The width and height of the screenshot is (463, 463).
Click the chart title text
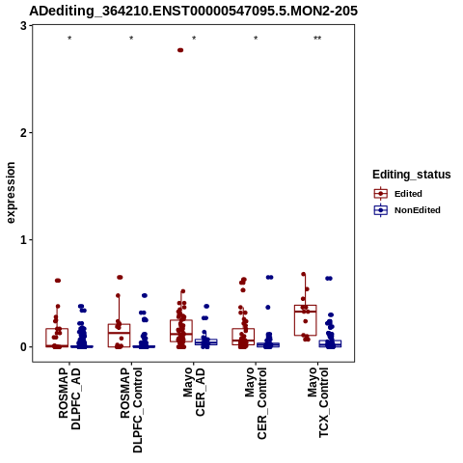(x=193, y=11)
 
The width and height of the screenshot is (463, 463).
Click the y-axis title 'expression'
(x=11, y=193)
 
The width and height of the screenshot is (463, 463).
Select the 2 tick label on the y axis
(x=23, y=133)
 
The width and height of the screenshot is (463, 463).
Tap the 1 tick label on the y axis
(x=23, y=240)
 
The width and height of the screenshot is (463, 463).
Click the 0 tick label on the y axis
(x=23, y=347)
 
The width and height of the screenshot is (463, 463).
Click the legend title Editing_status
(x=412, y=175)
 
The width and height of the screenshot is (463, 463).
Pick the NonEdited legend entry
(x=407, y=210)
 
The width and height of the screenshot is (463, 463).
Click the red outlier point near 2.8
(x=180, y=50)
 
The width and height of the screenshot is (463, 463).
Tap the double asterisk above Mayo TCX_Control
(x=317, y=39)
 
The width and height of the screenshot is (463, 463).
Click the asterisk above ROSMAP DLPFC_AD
(x=69, y=39)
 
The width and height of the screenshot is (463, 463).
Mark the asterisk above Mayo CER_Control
(x=256, y=39)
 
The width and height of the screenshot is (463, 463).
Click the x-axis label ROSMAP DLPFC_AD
(x=69, y=399)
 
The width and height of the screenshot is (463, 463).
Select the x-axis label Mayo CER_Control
(x=256, y=403)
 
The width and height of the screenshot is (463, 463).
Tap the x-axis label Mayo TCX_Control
(x=317, y=402)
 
